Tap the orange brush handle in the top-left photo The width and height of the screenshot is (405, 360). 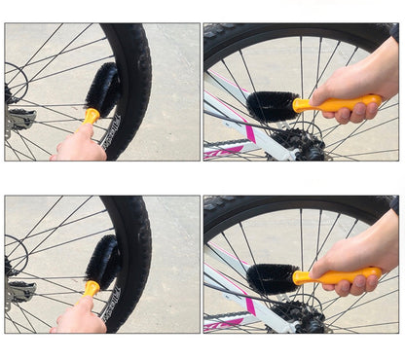[x=92, y=117]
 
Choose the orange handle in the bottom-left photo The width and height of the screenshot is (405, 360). [x=92, y=289]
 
